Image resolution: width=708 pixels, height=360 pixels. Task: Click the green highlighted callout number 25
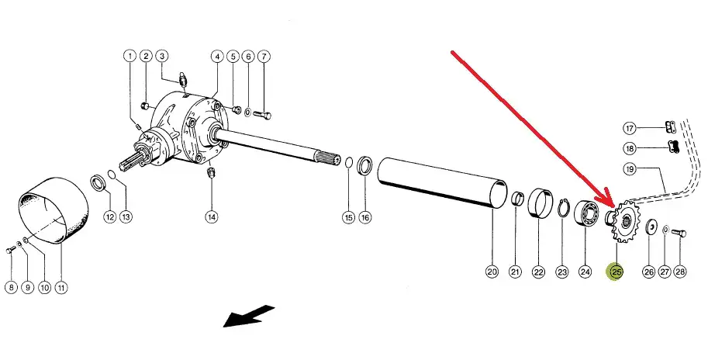[x=617, y=272]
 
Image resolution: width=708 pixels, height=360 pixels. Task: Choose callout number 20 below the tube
[x=492, y=272]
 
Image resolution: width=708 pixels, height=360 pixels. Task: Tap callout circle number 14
[x=212, y=217]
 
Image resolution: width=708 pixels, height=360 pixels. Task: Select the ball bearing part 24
[x=588, y=215]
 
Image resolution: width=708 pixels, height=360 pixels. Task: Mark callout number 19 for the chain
[x=630, y=168]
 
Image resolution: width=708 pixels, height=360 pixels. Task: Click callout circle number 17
[x=630, y=128]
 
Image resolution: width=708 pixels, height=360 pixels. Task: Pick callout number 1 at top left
[x=129, y=56]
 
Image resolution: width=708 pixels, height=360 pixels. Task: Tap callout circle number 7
[x=264, y=57]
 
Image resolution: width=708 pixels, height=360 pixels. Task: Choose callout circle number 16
[x=365, y=217]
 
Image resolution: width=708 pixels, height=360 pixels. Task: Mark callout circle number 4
[x=217, y=57]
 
